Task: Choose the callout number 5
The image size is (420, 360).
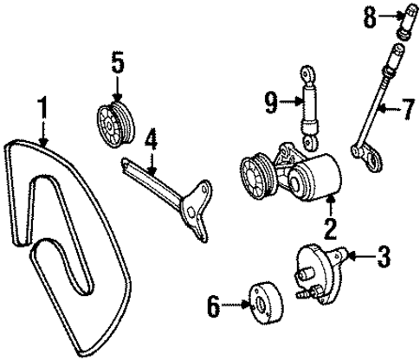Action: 118,63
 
